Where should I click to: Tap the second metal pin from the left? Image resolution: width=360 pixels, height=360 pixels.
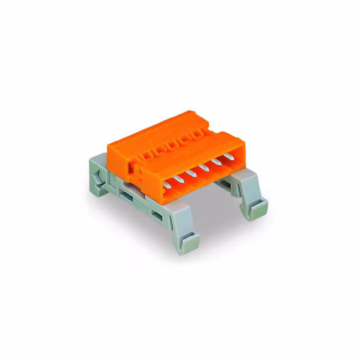tap(181, 177)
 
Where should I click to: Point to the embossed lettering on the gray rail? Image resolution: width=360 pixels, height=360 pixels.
tap(140, 206)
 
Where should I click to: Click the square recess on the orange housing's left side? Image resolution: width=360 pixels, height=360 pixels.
tap(131, 166)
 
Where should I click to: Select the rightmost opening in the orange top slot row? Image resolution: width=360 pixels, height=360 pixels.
tap(198, 134)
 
